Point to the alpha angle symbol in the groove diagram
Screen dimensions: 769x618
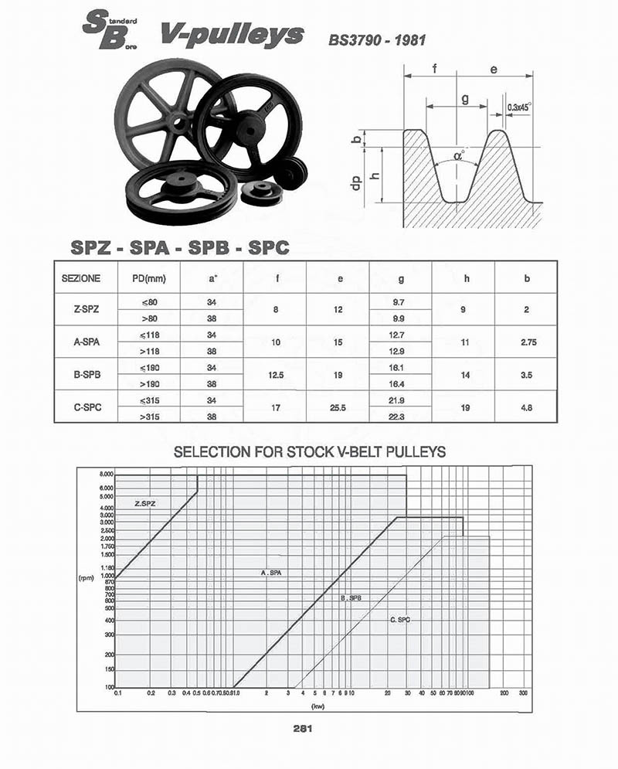460,155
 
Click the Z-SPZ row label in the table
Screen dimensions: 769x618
85,309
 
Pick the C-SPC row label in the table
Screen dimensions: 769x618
85,407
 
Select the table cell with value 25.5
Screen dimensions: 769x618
338,407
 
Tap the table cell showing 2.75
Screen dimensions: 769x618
527,342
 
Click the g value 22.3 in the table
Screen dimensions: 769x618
400,416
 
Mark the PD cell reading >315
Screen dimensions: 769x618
148,416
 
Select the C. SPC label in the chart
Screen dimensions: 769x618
400,619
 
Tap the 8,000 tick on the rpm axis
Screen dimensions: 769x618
106,474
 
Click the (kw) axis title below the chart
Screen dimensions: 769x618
316,706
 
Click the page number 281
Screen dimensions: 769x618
301,727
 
